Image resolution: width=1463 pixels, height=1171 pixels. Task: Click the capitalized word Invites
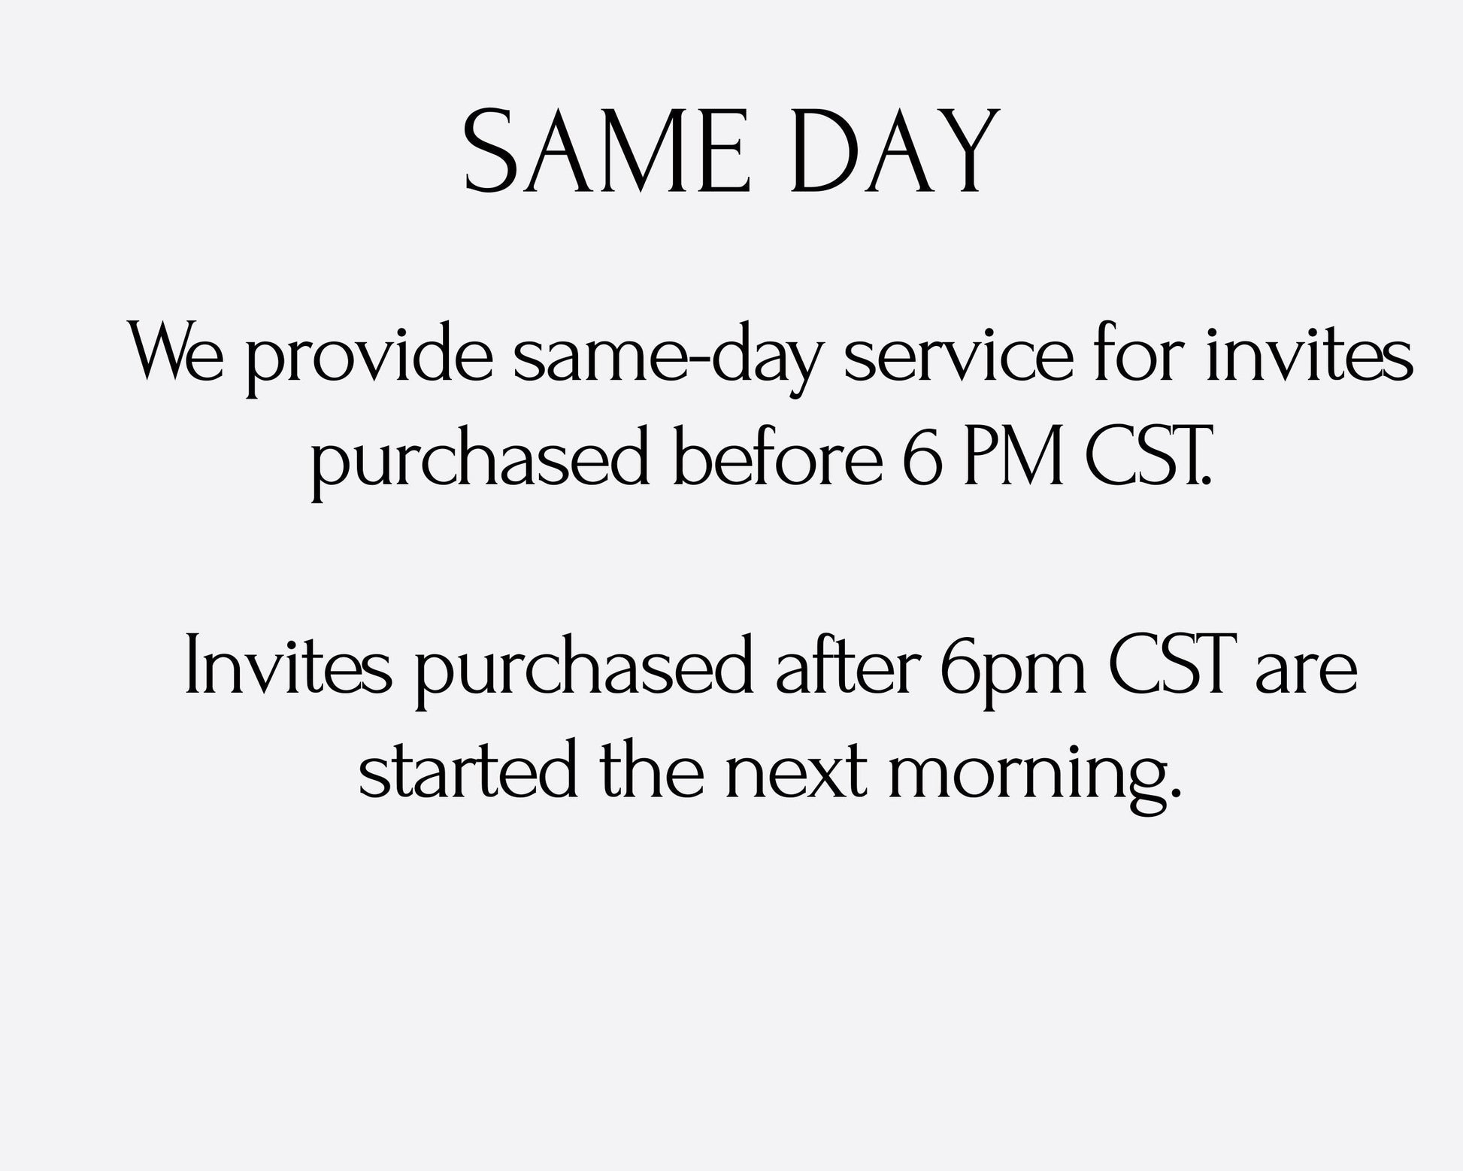tap(288, 665)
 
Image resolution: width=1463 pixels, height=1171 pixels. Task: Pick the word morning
tap(1031, 775)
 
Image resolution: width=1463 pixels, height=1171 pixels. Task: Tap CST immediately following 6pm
tap(1169, 665)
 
